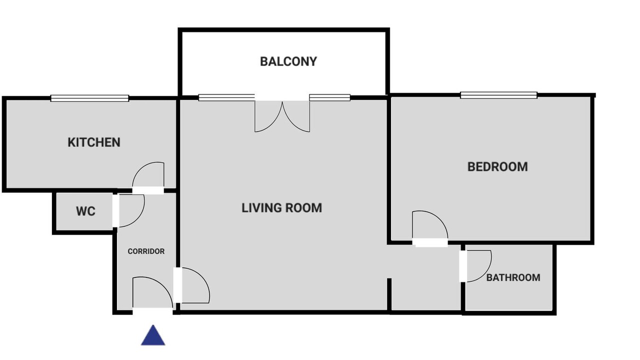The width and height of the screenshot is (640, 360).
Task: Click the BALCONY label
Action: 288,61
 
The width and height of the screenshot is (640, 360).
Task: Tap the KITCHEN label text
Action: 94,142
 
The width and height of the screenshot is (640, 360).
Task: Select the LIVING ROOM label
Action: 281,207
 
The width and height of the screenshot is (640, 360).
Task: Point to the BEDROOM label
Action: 497,167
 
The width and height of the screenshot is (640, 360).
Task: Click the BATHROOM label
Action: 513,277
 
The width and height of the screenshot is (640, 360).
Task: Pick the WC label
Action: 85,211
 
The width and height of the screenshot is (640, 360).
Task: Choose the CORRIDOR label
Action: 146,251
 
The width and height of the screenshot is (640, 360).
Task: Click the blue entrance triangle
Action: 153,335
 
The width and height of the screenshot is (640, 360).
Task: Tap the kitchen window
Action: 89,98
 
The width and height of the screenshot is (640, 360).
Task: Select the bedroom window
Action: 498,95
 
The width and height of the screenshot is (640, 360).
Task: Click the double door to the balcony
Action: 282,116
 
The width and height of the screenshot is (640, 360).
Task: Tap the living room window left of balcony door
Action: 226,97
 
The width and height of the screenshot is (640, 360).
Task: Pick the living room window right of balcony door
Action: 330,97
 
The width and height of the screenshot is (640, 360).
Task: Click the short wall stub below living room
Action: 389,295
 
